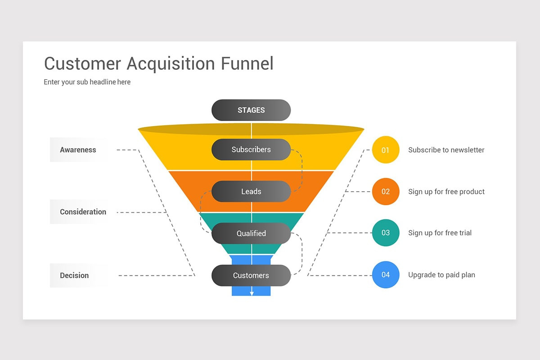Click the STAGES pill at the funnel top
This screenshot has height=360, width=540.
[x=251, y=110]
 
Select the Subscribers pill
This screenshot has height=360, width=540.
[x=251, y=150]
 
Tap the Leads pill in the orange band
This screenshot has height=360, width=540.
[x=251, y=192]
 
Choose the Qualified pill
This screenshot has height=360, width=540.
[x=251, y=234]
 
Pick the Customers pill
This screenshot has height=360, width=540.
[x=251, y=275]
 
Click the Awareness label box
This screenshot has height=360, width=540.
[x=79, y=150]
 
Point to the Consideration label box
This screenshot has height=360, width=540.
[x=83, y=212]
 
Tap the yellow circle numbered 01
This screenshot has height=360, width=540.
[x=386, y=150]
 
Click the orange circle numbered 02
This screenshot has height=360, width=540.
[x=386, y=192]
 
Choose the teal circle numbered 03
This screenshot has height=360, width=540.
[x=386, y=233]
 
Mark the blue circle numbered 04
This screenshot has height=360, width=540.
[x=386, y=275]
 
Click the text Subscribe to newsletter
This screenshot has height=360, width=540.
[x=446, y=150]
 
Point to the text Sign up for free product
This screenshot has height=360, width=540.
[x=446, y=192]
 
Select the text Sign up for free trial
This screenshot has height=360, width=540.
[x=440, y=233]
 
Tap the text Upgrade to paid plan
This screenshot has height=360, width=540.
[x=441, y=275]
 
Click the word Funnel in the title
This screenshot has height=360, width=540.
[x=247, y=63]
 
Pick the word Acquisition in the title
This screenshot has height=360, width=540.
[x=171, y=64]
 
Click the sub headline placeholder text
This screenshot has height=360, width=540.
[x=87, y=82]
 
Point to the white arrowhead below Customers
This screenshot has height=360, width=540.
[x=252, y=293]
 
